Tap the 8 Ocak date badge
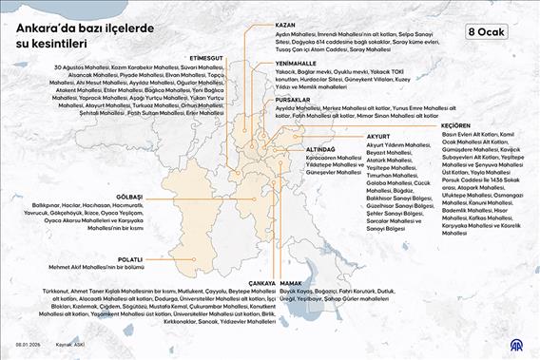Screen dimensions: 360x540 click(487, 31)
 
